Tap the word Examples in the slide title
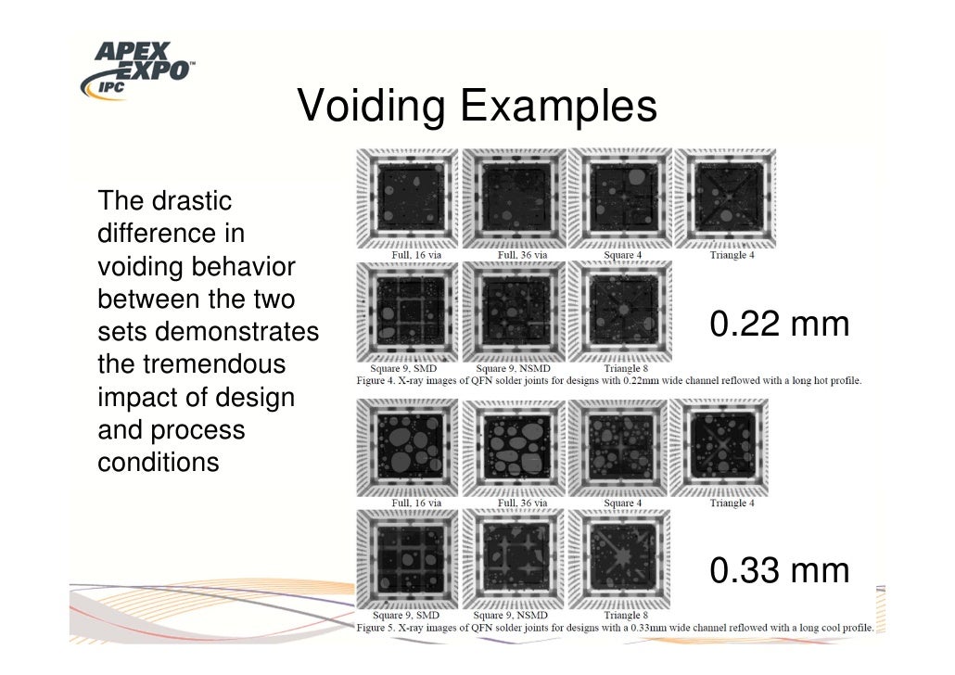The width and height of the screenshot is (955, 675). coord(558,108)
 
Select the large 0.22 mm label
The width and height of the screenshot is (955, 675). coord(779,325)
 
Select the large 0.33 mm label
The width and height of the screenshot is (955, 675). coord(779,570)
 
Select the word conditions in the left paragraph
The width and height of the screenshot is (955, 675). coord(158,461)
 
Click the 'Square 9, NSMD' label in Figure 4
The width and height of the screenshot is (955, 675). coord(510,368)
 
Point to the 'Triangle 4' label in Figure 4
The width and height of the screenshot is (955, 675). coord(731,255)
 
